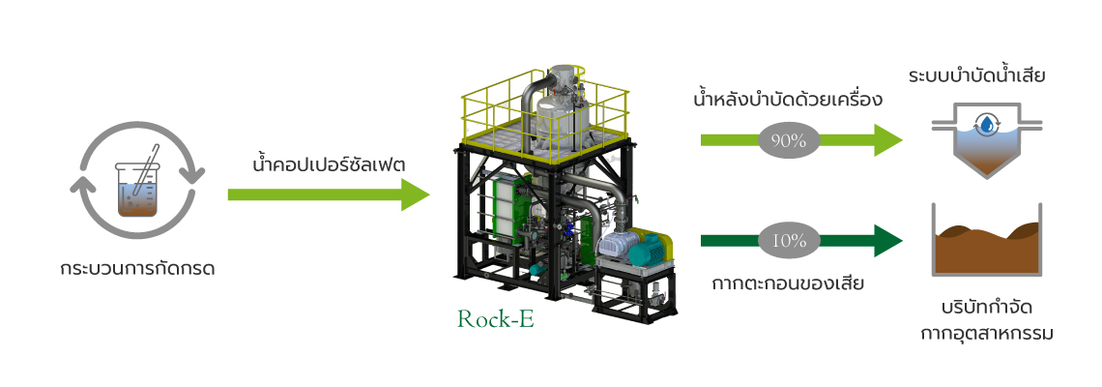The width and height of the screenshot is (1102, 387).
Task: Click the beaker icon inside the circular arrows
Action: (x=137, y=189)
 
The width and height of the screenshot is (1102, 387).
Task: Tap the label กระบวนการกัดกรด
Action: (x=137, y=269)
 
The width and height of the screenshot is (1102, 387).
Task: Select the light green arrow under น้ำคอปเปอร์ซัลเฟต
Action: (x=329, y=194)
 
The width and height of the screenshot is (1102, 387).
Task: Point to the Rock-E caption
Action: (x=496, y=318)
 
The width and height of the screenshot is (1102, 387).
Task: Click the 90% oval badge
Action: (x=789, y=140)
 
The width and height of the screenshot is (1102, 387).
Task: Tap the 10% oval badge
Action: (x=789, y=241)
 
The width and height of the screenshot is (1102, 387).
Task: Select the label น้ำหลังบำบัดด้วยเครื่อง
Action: (x=788, y=100)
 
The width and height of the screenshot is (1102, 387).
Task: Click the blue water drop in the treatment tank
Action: (x=988, y=125)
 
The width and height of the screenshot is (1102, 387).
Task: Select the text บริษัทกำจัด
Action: (x=987, y=309)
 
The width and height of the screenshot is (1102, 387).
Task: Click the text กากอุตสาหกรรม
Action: (x=987, y=334)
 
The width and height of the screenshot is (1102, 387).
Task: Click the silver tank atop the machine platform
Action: (x=560, y=105)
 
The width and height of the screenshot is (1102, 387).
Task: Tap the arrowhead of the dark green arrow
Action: (x=887, y=241)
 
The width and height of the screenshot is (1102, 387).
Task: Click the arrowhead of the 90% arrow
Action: (x=887, y=140)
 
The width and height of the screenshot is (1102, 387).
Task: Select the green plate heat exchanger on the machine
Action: (x=506, y=211)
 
